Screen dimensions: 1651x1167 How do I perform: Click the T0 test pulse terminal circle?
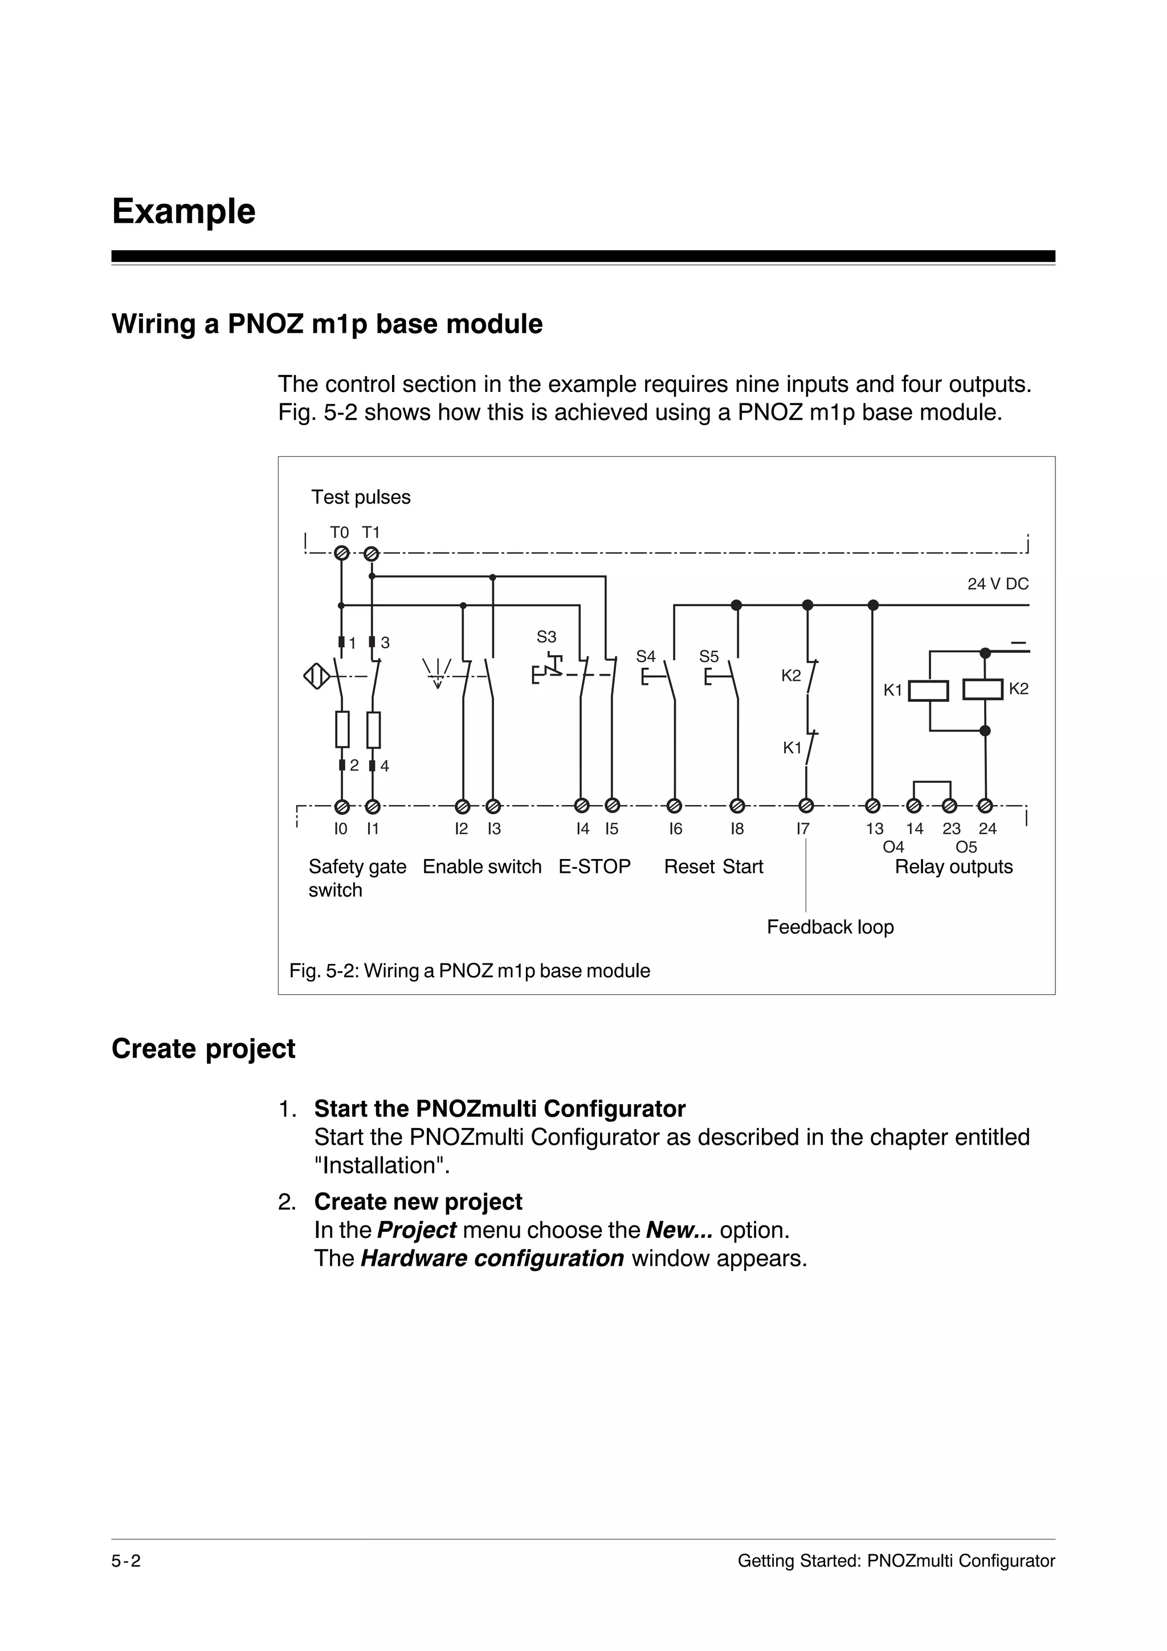(x=342, y=554)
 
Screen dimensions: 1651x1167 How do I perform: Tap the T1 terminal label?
(x=370, y=533)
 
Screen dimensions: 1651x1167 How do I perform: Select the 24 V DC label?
(x=997, y=584)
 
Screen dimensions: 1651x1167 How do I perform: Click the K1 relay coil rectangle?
(x=928, y=691)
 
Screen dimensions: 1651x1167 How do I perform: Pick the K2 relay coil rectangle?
(x=982, y=689)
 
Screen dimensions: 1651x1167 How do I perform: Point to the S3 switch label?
(x=546, y=637)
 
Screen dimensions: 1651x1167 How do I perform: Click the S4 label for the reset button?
(x=646, y=656)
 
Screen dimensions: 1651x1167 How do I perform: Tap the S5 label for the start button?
(x=709, y=656)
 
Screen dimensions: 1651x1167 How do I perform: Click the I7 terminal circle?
(x=807, y=806)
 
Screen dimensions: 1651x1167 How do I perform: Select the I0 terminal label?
(x=341, y=829)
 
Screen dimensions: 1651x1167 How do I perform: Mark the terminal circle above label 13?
(x=873, y=806)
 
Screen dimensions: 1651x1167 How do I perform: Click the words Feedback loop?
(x=830, y=927)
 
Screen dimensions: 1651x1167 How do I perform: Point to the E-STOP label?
(x=595, y=867)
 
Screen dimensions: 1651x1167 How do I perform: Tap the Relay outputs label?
(x=953, y=867)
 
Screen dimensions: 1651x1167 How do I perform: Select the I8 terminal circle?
(x=737, y=806)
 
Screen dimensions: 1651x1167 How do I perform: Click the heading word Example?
(x=183, y=211)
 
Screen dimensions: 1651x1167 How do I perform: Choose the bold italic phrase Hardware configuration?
(x=492, y=1258)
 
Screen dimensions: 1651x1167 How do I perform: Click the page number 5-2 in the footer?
(x=126, y=1561)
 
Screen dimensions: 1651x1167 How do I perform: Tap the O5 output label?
(x=966, y=847)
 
